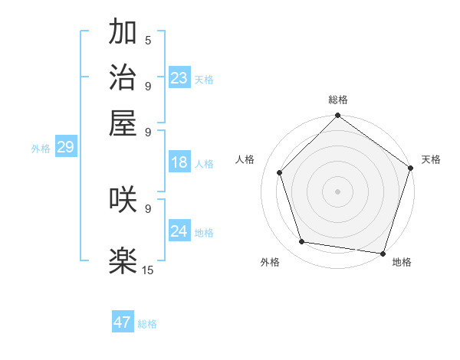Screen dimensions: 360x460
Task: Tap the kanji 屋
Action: point(123,123)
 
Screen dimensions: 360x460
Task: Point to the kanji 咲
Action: point(123,200)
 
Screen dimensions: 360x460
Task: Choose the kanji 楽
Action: point(123,261)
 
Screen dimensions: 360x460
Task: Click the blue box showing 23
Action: point(179,77)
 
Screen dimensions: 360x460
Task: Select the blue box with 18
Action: point(179,162)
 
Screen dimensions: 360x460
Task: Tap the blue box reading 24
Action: point(179,231)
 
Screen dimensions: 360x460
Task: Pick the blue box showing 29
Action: point(65,147)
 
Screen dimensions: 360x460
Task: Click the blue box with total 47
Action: point(123,322)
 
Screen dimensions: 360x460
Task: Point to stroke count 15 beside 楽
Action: point(148,270)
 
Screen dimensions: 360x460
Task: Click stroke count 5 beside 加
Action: point(148,40)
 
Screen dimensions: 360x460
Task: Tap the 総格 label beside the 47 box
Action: point(147,324)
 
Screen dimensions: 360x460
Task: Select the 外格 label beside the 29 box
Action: point(41,149)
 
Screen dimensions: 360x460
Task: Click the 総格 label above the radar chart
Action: point(337,100)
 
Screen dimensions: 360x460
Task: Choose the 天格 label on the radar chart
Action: point(431,159)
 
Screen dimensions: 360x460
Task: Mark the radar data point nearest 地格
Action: point(383,254)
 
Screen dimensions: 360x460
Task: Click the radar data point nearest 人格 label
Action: point(280,172)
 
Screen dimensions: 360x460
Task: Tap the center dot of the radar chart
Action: point(337,191)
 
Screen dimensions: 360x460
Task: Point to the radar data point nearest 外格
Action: point(302,242)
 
